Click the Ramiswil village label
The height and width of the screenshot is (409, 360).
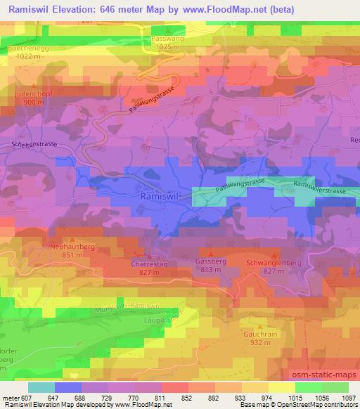coord(161,197)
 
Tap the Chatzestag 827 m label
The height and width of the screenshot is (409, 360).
coord(148,267)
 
